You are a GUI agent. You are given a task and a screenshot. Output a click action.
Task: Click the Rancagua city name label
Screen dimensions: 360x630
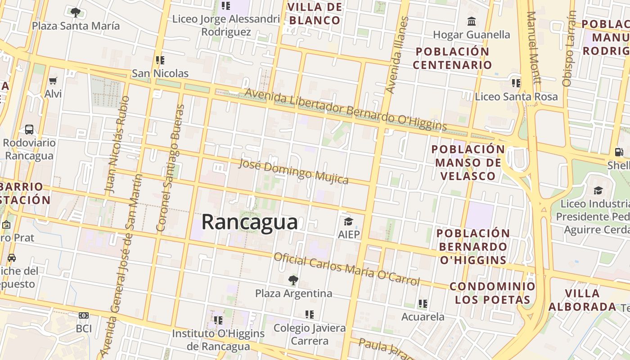coord(249,222)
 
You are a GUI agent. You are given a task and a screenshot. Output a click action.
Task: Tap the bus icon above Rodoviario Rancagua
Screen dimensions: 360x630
coord(29,130)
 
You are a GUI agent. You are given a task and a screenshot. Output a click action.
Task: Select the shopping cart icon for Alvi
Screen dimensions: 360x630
coord(53,81)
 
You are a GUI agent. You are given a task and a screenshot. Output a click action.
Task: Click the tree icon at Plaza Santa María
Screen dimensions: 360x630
coord(76,12)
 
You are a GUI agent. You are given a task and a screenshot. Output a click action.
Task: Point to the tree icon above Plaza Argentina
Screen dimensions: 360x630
coord(293,280)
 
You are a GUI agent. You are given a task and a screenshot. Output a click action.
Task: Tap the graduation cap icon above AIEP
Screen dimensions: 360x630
coord(348,221)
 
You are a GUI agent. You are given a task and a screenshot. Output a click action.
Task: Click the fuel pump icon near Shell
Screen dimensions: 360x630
coord(619,152)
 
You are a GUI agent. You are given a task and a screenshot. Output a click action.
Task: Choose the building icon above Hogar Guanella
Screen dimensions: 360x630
coord(472,21)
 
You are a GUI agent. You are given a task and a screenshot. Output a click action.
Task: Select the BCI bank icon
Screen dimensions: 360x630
coord(84,315)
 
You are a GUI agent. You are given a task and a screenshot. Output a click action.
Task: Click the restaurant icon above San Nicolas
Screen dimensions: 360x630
coord(160,60)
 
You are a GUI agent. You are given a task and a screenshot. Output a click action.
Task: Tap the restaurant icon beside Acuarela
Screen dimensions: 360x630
coord(423,304)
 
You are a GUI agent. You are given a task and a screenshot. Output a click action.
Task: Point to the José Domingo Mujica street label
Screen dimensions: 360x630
coord(293,171)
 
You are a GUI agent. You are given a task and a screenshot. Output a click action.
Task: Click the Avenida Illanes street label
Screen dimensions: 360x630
coord(397,55)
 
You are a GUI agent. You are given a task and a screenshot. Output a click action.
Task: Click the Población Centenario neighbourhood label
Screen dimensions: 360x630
coord(452,58)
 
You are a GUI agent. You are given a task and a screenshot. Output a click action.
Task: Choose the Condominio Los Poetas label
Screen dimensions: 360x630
coord(492,293)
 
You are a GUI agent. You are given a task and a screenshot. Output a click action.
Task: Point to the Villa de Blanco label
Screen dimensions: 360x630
coord(315,13)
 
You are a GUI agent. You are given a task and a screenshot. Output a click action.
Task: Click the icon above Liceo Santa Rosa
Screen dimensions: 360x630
coord(516,83)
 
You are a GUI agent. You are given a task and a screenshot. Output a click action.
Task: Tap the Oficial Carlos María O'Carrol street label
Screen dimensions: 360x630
coord(346,269)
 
